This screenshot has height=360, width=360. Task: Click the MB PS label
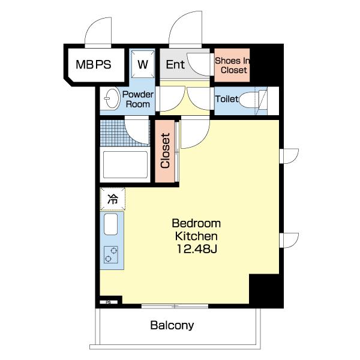[x=94, y=65]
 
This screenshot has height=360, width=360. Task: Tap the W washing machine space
[x=143, y=65]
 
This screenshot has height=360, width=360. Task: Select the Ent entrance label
[x=175, y=65]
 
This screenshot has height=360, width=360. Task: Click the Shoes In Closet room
[x=232, y=65]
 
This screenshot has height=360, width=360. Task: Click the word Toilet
[x=227, y=99]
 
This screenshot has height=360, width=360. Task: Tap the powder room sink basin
[x=112, y=99]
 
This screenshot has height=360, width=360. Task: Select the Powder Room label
[x=138, y=99]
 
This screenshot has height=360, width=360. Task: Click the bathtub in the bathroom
[x=125, y=164]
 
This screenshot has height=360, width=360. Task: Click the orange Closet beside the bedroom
[x=165, y=151]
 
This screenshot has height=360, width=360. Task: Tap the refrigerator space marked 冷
[x=113, y=199]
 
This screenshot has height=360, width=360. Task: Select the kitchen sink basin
[x=110, y=224]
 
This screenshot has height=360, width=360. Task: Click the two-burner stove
[x=111, y=254]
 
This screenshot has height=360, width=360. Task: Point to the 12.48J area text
[x=197, y=249]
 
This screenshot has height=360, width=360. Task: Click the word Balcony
[x=172, y=326]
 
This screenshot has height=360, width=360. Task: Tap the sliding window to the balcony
[x=175, y=306]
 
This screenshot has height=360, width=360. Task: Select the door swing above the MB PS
[x=98, y=32]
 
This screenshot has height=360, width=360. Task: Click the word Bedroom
[x=196, y=223]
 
